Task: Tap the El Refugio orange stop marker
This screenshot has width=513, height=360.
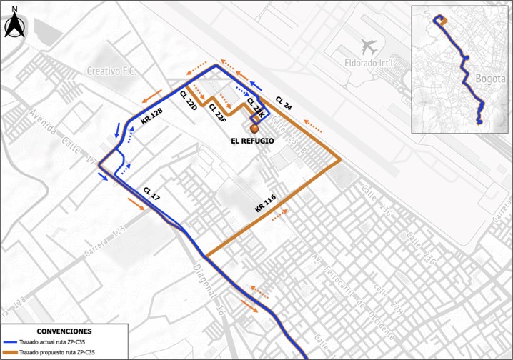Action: (x=254, y=129)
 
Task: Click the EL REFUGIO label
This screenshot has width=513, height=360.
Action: (x=252, y=141)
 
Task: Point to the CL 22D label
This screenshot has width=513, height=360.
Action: (x=188, y=100)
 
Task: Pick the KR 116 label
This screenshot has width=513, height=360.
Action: (x=265, y=203)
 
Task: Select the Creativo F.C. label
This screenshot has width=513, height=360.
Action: (x=111, y=71)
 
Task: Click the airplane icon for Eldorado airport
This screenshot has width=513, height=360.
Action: (x=369, y=47)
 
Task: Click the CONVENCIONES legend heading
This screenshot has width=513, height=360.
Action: (x=64, y=332)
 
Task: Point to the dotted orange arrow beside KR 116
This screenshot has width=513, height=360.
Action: (x=281, y=214)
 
